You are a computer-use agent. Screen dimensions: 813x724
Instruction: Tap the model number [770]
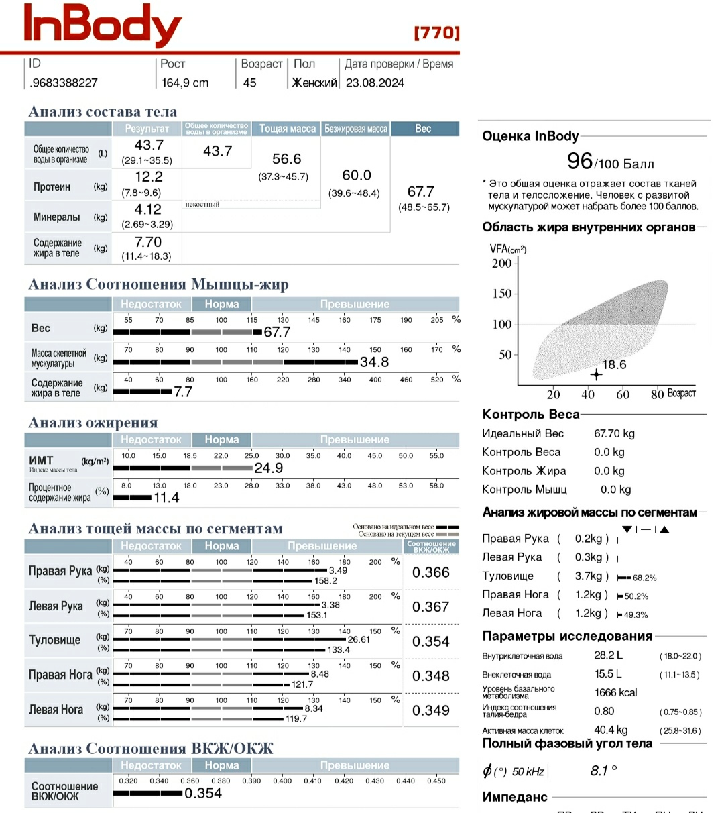coord(436,33)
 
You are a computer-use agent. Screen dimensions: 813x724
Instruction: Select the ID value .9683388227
coord(64,83)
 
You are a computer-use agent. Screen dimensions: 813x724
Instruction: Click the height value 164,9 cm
coord(185,83)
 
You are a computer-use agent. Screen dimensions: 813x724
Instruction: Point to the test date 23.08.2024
coord(375,83)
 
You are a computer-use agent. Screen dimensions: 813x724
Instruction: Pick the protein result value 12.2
coord(148,177)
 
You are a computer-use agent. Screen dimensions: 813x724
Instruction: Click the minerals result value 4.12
coord(147,209)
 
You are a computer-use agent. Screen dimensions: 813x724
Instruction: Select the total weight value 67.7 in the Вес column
coord(420,192)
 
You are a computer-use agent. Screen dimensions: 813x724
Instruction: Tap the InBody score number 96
coord(580,161)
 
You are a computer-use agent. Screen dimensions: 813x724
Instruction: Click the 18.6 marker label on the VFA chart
coord(614,365)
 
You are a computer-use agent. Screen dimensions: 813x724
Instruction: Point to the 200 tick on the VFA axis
coord(502,264)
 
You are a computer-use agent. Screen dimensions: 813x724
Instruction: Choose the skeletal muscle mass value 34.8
coord(374,362)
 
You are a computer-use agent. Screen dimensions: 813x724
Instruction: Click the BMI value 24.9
coord(269,468)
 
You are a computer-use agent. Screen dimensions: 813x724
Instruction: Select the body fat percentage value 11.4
coord(166,498)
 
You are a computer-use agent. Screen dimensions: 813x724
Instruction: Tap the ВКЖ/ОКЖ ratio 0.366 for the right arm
coord(430,572)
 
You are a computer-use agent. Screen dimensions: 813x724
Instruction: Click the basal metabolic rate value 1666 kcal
coord(615,692)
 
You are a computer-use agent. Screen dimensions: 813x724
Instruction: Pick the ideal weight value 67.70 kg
coord(614,433)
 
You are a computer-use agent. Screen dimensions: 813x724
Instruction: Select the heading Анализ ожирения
coord(93,423)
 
